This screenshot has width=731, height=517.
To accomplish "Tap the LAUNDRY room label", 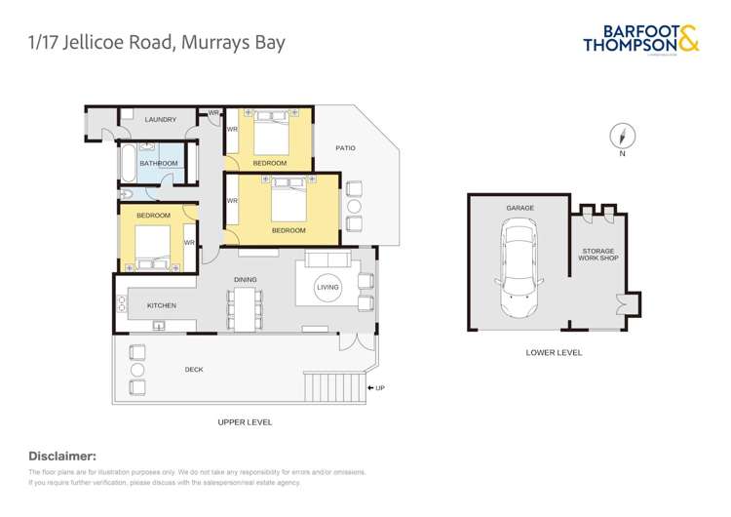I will pyautogui.click(x=161, y=120).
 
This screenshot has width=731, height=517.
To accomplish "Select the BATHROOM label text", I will pyautogui.click(x=158, y=164).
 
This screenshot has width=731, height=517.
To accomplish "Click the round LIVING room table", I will pyautogui.click(x=328, y=287).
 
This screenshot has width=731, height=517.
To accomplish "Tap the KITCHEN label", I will pyautogui.click(x=162, y=305).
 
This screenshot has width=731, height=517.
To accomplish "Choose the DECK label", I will pyautogui.click(x=194, y=370).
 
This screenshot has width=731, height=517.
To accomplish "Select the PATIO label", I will pyautogui.click(x=345, y=148).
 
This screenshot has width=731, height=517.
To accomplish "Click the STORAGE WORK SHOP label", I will pyautogui.click(x=597, y=255).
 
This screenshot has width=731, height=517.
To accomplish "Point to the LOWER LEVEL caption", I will pyautogui.click(x=553, y=352).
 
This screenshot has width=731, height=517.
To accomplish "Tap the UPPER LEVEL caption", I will pyautogui.click(x=245, y=422).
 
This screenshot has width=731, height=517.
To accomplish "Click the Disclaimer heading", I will pyautogui.click(x=62, y=456).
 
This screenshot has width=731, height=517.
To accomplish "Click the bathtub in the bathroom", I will pyautogui.click(x=127, y=162).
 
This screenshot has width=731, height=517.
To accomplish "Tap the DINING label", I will pyautogui.click(x=245, y=280).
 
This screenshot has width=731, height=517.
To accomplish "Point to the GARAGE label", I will pyautogui.click(x=519, y=208).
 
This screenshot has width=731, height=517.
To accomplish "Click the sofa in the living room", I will pyautogui.click(x=327, y=258).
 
